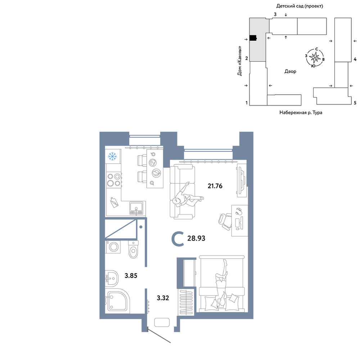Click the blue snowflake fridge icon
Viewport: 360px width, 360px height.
click(x=112, y=157)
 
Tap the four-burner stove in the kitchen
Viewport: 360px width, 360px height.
click(x=114, y=180)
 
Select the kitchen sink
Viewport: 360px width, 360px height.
click(x=136, y=208)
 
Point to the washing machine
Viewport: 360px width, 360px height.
click(x=113, y=247)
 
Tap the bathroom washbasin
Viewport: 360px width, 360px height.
click(x=112, y=278)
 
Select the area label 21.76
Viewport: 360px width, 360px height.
click(x=215, y=186)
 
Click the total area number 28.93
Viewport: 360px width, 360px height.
click(x=196, y=238)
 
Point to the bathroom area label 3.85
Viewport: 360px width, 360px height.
click(x=131, y=275)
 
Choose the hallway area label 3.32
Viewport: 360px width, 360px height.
click(x=163, y=298)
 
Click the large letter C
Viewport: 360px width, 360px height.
click(x=178, y=239)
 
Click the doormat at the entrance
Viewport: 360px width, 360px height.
click(x=162, y=322)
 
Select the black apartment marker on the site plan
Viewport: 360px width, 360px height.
click(x=253, y=38)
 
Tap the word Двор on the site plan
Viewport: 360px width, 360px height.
click(x=291, y=71)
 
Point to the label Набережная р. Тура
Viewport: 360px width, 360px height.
click(x=301, y=112)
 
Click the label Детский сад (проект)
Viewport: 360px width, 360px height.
click(x=300, y=6)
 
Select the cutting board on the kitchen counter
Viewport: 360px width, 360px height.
click(x=114, y=202)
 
